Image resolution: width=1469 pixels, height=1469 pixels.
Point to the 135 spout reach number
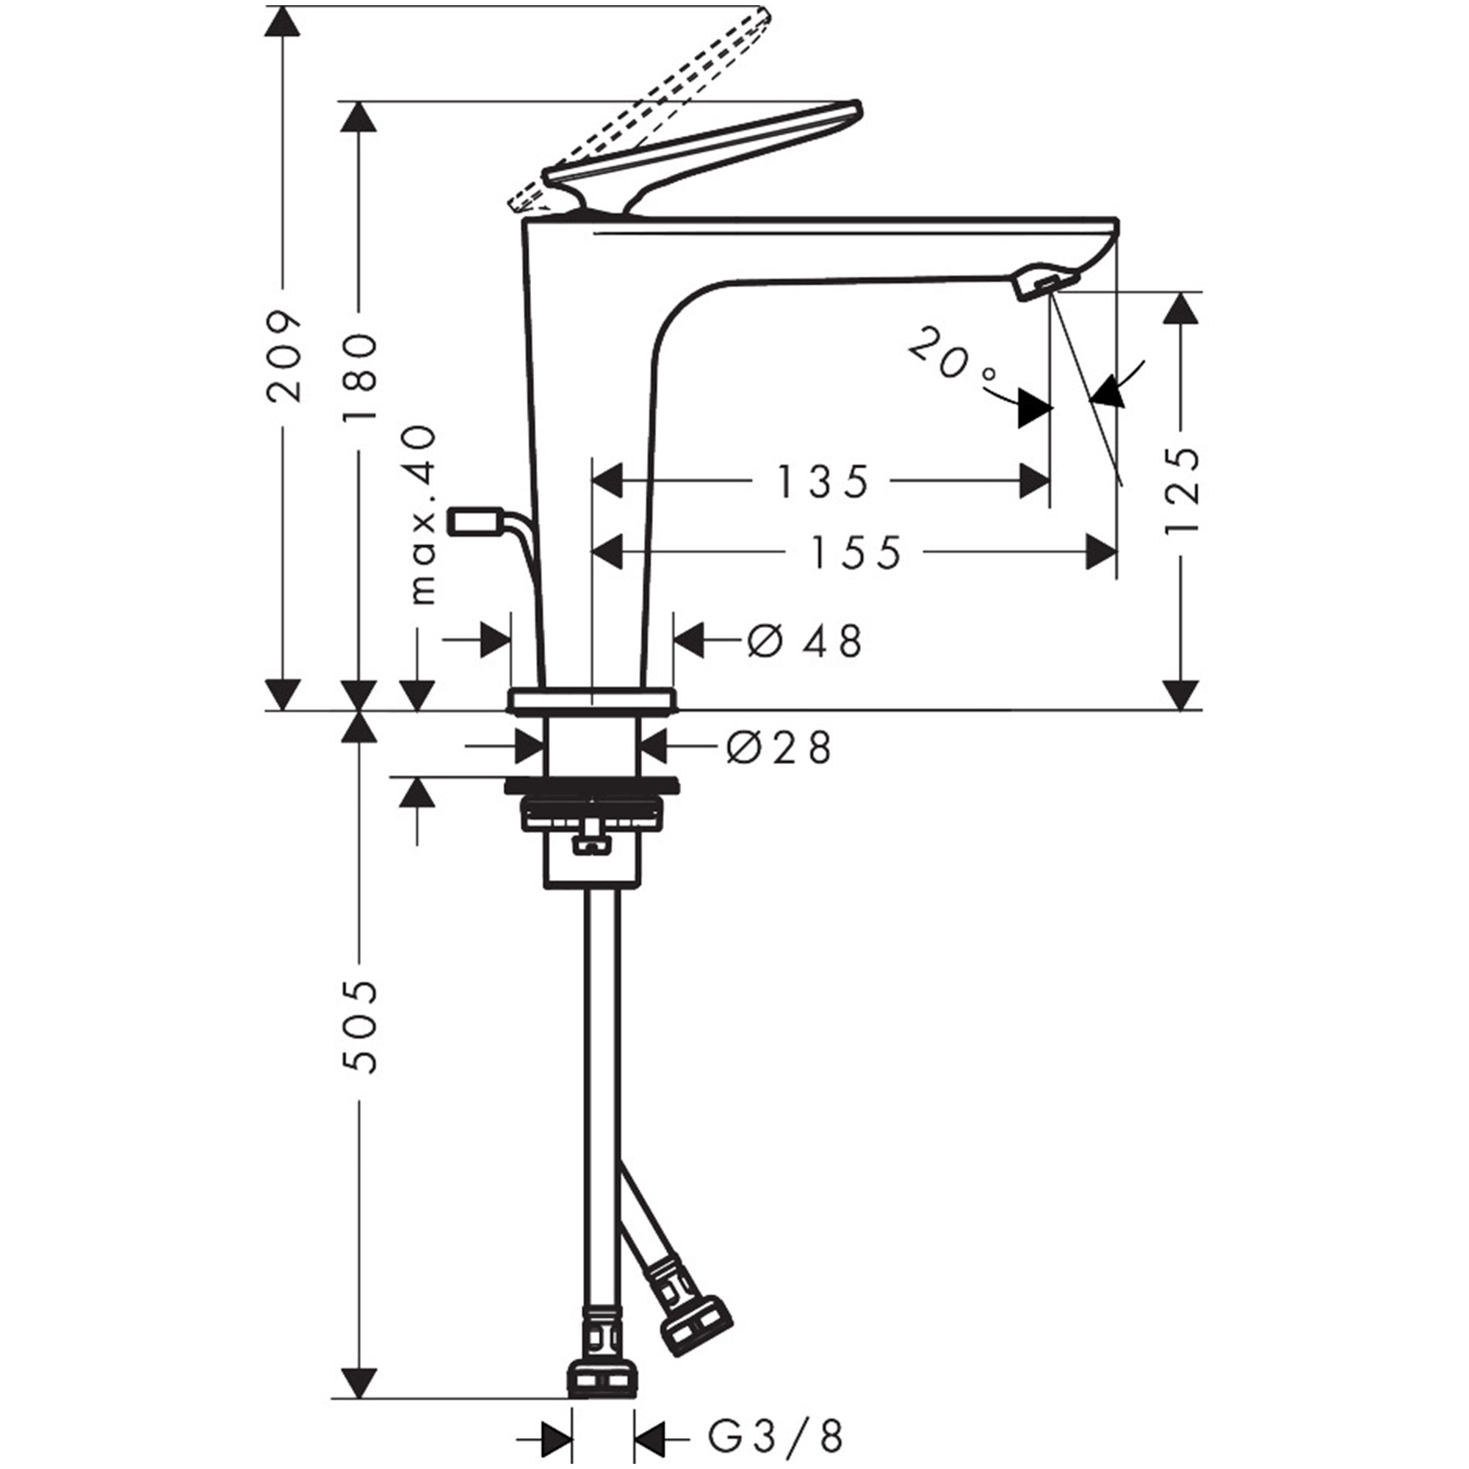coord(822,482)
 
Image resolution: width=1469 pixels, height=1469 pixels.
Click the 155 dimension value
coord(856,553)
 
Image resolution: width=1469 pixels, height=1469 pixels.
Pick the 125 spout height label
coord(1183,491)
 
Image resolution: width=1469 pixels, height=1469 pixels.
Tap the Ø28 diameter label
coord(779,748)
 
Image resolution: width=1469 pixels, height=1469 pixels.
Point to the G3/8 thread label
coord(776,1437)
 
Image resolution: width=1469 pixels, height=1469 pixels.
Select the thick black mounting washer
coord(591,785)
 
